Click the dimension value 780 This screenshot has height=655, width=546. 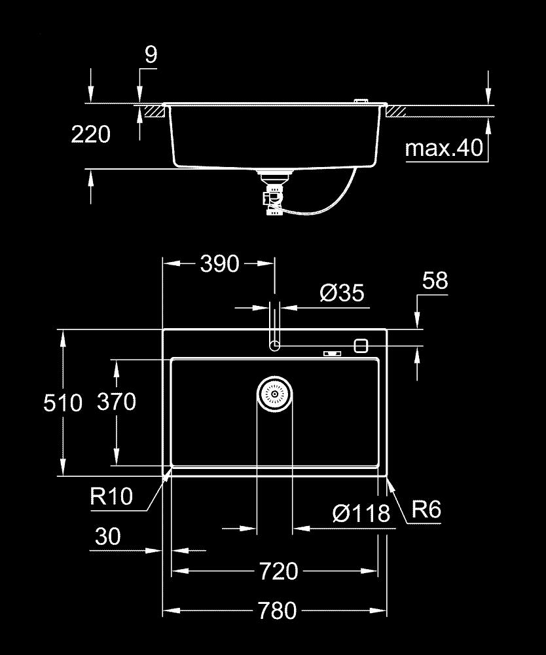[x=278, y=611]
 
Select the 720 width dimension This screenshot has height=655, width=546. [x=279, y=571]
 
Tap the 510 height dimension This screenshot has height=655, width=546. [x=63, y=402]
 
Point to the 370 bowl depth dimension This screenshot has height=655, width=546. [x=116, y=401]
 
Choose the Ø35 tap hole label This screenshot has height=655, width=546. [x=342, y=293]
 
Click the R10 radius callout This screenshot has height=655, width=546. [x=111, y=496]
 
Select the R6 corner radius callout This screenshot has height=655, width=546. [x=426, y=510]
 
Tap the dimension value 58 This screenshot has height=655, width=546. [x=435, y=280]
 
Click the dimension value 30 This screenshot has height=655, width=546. [x=109, y=536]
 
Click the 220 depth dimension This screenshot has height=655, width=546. [x=90, y=135]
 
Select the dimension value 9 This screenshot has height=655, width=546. [x=151, y=55]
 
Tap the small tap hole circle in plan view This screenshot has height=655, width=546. [x=275, y=345]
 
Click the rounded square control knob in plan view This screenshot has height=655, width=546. [x=360, y=345]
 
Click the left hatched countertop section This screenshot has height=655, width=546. [x=153, y=111]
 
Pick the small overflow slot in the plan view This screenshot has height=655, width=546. [x=332, y=354]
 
